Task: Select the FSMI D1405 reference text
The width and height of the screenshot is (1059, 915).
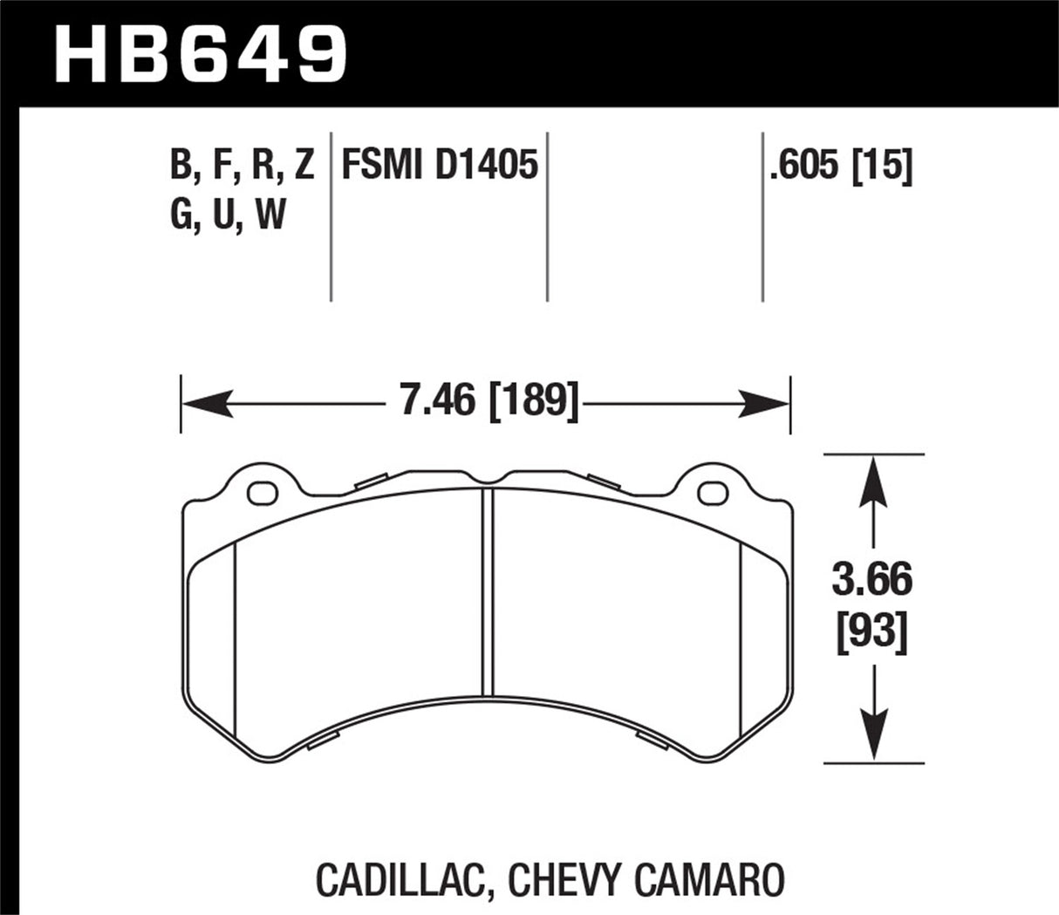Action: [440, 165]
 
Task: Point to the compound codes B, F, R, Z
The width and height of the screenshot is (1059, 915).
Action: [242, 165]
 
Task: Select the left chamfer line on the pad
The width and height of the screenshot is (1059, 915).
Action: [236, 637]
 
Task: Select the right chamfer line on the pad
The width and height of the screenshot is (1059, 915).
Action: [740, 637]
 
